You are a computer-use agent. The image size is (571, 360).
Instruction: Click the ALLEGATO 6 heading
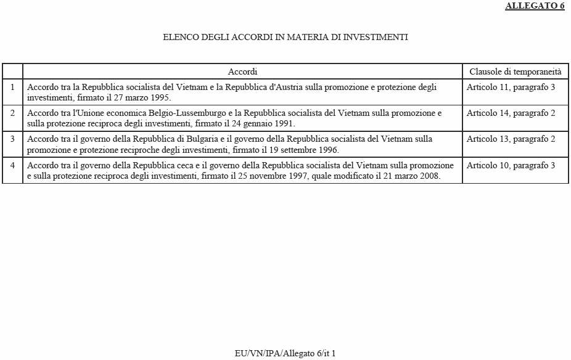(x=535, y=6)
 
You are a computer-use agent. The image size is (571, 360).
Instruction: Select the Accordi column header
(x=242, y=72)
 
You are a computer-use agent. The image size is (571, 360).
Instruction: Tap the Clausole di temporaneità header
(x=515, y=72)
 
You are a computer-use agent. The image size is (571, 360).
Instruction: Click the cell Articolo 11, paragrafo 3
(x=511, y=87)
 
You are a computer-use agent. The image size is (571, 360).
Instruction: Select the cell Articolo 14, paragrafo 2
(x=511, y=113)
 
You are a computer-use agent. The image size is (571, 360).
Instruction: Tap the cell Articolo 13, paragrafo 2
(x=511, y=139)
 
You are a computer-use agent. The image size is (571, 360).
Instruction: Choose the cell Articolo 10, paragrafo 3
(x=511, y=165)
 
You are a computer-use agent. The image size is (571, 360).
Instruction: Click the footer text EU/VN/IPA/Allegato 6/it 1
(x=285, y=353)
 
